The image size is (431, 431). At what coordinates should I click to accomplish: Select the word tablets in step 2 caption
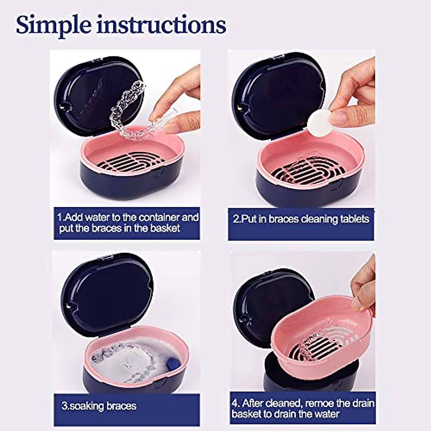tap(354, 219)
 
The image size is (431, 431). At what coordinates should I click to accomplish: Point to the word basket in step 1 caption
tap(165, 228)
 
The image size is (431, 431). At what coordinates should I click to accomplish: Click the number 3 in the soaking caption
tap(65, 406)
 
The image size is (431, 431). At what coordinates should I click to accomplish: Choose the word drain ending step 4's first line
tap(361, 403)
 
